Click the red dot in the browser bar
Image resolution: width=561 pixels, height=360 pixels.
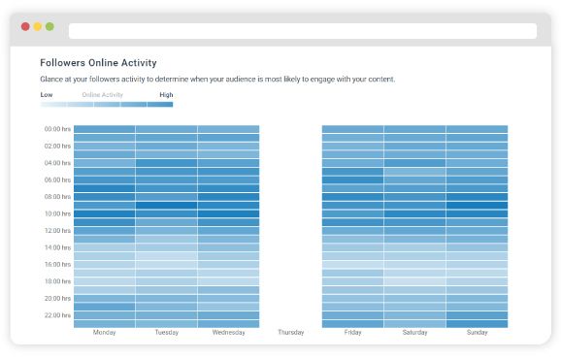25,26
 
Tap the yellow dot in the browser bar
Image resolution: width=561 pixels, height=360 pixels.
38,26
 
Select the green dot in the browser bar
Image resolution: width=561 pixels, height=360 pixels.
49,26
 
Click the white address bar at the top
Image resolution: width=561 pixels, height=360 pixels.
302,31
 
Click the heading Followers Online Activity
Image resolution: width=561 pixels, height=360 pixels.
98,63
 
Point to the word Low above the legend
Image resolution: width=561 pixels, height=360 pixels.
47,95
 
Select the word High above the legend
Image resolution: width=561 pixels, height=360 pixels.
166,95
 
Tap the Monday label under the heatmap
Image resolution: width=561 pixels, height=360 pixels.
104,332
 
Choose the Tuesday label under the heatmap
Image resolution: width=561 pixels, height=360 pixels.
166,332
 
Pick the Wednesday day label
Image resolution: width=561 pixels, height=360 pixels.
228,332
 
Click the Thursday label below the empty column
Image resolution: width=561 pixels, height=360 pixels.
290,332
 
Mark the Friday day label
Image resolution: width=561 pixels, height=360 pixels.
352,332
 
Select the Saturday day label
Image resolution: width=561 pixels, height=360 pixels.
414,332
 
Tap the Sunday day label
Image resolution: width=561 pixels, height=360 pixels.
477,332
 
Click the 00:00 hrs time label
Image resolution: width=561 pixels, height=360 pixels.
56,129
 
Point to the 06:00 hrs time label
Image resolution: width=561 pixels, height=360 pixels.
56,180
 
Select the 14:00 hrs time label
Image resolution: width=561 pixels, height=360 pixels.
56,247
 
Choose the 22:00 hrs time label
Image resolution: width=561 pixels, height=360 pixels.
56,315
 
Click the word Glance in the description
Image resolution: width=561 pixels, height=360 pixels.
51,79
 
